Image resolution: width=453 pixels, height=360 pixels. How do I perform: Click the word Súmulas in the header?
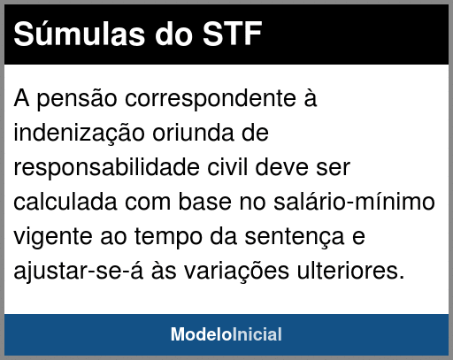pyautogui.click(x=80, y=34)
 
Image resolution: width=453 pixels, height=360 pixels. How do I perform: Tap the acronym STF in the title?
pyautogui.click(x=232, y=34)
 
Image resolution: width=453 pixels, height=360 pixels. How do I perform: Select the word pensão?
pyautogui.click(x=77, y=99)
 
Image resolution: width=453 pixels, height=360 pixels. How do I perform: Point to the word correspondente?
pyautogui.click(x=211, y=99)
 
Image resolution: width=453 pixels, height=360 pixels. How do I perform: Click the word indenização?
pyautogui.click(x=79, y=134)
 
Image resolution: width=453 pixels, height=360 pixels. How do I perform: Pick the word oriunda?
pyautogui.click(x=193, y=133)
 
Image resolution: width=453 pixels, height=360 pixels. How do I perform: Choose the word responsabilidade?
pyautogui.click(x=106, y=168)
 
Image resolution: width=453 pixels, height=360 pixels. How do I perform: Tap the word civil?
pyautogui.click(x=227, y=167)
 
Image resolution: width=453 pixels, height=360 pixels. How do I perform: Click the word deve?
pyautogui.click(x=281, y=167)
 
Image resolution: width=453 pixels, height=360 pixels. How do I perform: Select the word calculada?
pyautogui.click(x=65, y=202)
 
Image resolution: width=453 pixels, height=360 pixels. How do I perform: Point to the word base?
pyautogui.click(x=205, y=202)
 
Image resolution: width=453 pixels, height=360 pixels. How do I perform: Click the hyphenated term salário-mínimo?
pyautogui.click(x=354, y=202)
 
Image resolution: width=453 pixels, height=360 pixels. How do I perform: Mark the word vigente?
pyautogui.click(x=53, y=237)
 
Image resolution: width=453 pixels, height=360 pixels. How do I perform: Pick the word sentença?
pyautogui.click(x=295, y=237)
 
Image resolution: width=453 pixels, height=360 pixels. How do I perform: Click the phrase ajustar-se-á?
pyautogui.click(x=79, y=271)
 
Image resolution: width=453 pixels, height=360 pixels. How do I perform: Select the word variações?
pyautogui.click(x=236, y=272)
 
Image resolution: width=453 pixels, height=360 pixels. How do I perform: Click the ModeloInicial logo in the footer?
pyautogui.click(x=226, y=334)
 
